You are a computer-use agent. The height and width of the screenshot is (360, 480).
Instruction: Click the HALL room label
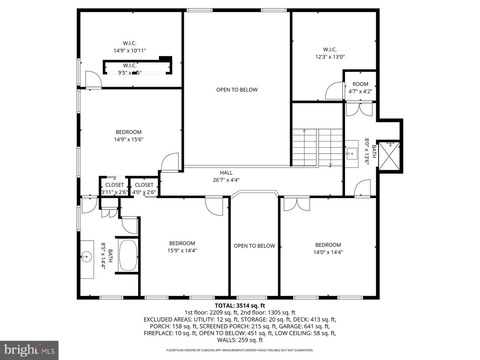(226, 173)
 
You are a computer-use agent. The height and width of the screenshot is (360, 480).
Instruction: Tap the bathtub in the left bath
(128, 255)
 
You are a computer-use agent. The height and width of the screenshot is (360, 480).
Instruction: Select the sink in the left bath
(86, 257)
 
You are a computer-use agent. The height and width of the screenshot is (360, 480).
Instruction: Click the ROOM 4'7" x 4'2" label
(360, 84)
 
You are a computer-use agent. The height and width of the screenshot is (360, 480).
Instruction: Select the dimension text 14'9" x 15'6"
(128, 139)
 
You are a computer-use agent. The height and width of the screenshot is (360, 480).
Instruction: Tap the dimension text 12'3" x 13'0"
(330, 57)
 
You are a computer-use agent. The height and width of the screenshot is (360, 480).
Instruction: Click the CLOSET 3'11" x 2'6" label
(114, 185)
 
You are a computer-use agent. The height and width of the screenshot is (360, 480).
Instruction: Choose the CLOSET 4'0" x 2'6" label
(144, 185)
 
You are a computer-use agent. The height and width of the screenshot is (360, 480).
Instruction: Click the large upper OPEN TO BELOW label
(237, 90)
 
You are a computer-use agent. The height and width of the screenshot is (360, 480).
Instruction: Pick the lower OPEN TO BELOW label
(254, 246)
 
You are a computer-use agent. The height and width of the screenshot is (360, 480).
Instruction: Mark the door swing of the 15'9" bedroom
(214, 205)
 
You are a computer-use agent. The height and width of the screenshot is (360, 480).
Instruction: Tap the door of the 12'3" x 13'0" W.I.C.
(334, 91)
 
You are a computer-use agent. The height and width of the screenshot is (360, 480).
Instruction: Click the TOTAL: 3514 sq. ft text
(240, 305)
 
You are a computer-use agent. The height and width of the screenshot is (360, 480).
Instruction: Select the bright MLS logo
(29, 350)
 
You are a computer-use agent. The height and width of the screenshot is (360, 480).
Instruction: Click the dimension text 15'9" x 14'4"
(182, 251)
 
